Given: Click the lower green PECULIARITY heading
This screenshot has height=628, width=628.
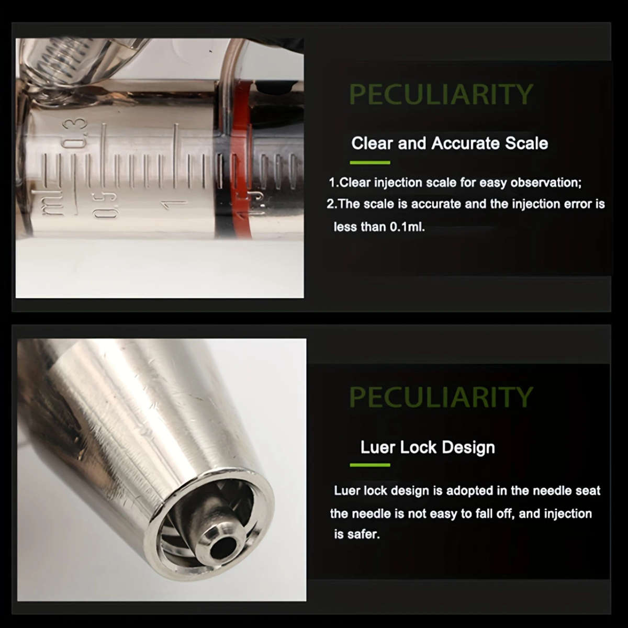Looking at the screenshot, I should pos(441,396).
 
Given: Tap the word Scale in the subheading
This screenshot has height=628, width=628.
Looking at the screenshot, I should pos(526,143).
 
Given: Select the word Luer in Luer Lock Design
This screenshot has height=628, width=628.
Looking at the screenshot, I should pos(377,447).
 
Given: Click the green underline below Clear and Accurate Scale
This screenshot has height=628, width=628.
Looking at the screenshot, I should pos(370,163).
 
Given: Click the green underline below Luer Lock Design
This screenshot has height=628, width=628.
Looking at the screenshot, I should pos(370,465).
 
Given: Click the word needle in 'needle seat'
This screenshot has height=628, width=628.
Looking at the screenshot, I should pos(551,491).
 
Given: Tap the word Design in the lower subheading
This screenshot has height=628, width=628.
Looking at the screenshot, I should pos(468,447).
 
